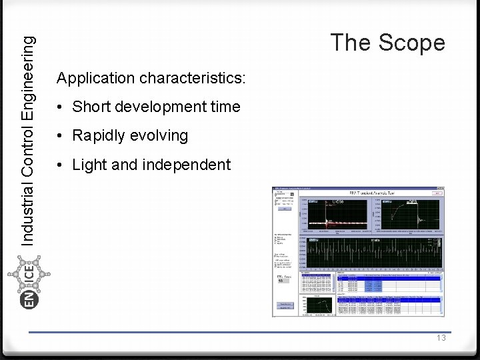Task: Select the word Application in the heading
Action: click(x=96, y=78)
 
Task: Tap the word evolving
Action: click(x=159, y=135)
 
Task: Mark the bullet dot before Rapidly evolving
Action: click(x=60, y=136)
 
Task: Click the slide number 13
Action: click(x=441, y=338)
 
